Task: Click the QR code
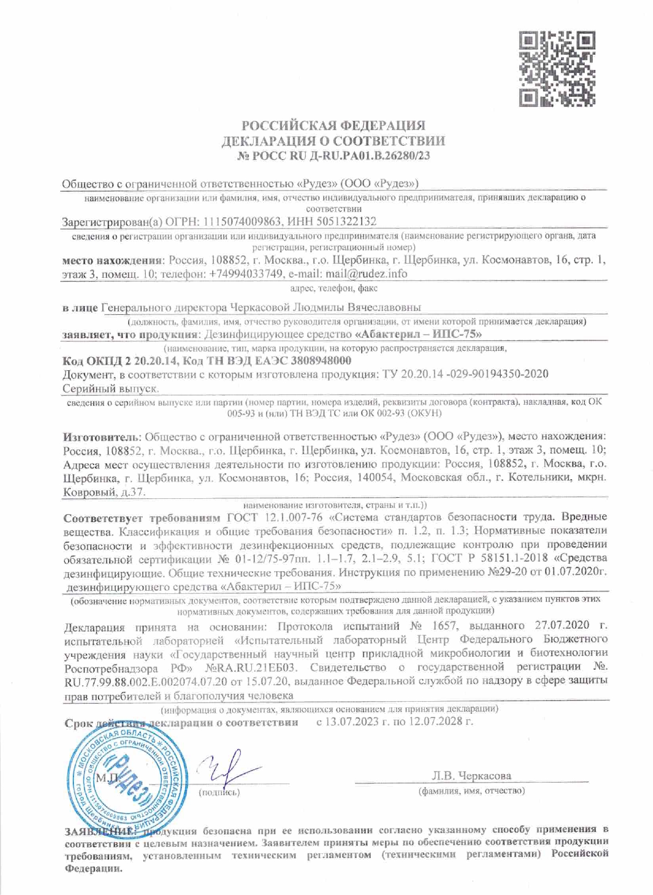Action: [557, 68]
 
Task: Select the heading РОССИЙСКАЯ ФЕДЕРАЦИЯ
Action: [333, 126]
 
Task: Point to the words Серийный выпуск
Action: [110, 389]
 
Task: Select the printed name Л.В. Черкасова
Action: [472, 776]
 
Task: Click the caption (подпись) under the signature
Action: [219, 793]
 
